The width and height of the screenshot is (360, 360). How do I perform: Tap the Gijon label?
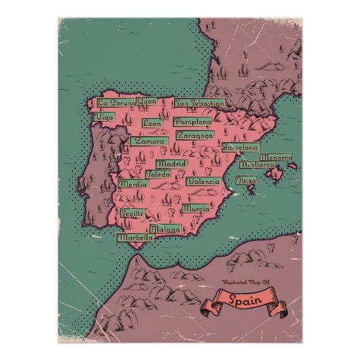(x=146, y=102)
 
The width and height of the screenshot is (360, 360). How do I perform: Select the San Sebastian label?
(x=199, y=103)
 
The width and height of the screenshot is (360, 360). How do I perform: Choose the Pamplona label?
(x=192, y=121)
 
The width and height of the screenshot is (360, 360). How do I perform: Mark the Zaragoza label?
(x=193, y=135)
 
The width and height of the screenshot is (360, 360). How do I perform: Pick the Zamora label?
(x=150, y=141)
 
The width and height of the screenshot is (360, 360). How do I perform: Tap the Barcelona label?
(x=240, y=147)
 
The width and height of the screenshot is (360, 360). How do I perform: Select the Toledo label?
(x=158, y=174)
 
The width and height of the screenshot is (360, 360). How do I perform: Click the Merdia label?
(x=133, y=184)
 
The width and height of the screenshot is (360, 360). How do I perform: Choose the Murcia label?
(x=196, y=208)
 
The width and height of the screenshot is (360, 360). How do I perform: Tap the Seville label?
(x=133, y=213)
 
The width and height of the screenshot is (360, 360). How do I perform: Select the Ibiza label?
(x=247, y=181)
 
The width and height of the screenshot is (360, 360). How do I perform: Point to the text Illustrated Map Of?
(x=241, y=282)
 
